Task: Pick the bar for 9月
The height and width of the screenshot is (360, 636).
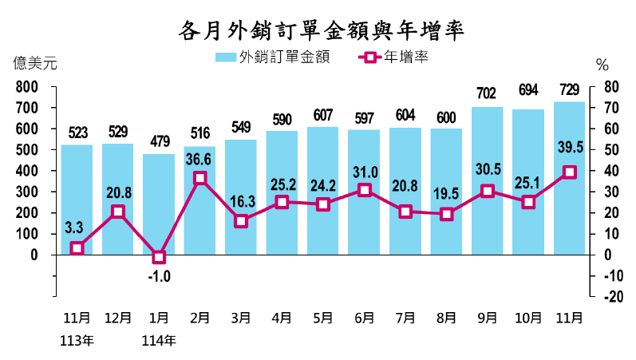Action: tap(488, 181)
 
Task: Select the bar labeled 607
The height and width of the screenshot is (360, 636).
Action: tap(323, 191)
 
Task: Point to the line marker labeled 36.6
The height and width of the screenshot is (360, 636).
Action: tap(200, 178)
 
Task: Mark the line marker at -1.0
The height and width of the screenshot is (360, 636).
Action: tap(159, 257)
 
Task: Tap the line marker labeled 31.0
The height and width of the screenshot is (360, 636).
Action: tap(364, 190)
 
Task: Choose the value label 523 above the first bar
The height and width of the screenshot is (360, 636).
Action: tap(77, 133)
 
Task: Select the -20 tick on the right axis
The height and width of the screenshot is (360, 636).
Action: tap(613, 297)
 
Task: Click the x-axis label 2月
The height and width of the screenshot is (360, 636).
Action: tap(199, 318)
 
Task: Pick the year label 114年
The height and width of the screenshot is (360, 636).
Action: tap(159, 341)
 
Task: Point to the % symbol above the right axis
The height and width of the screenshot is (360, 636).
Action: tap(602, 64)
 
